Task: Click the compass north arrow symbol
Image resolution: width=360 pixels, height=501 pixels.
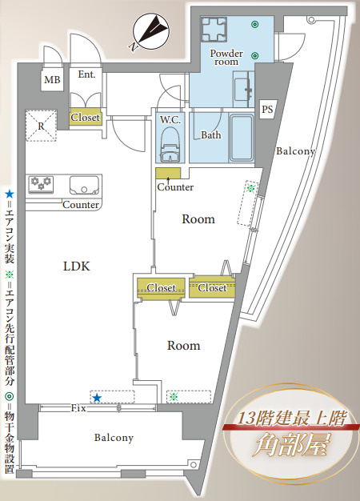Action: coord(150,32)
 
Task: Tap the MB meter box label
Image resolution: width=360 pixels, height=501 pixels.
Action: coord(52,79)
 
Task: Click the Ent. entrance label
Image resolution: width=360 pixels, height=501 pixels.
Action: coord(86,74)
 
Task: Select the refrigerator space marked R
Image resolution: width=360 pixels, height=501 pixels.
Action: coord(41,126)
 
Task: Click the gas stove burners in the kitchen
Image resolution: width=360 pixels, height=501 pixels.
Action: coord(41,184)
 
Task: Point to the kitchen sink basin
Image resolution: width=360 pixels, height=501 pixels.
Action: coord(84,186)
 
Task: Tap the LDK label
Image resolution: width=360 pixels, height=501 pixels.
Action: coord(77,266)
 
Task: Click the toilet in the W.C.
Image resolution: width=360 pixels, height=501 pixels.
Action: coord(170,145)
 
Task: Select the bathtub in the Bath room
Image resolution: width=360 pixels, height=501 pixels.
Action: coord(242,138)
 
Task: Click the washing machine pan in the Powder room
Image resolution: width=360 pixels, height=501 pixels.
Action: coord(214,30)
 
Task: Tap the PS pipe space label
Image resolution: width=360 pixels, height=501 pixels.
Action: coord(267,110)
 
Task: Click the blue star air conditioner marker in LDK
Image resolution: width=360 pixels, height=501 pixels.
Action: coord(97,398)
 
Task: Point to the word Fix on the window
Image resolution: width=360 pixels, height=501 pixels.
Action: coord(78,408)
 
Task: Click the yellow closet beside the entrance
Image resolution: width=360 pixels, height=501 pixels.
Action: coord(86,118)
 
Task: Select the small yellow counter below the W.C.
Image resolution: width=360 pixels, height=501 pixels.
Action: coord(168,173)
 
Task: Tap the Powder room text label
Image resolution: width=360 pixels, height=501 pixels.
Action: coord(226,58)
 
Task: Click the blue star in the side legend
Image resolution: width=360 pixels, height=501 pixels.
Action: coord(10,194)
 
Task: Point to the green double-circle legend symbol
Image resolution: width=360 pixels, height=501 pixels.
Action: coord(10,396)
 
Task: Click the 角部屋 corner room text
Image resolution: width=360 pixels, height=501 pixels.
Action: coord(290,445)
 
